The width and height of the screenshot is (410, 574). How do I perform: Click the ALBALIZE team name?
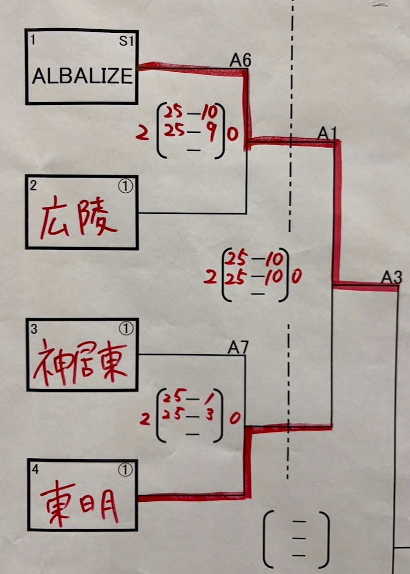point(82,76)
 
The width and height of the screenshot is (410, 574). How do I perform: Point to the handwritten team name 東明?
point(80,504)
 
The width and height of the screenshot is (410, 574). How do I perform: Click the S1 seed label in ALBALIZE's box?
point(126,41)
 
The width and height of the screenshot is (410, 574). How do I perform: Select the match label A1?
point(327,133)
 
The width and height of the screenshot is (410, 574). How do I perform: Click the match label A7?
point(237,348)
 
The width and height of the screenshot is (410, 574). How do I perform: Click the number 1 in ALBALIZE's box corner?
point(33,40)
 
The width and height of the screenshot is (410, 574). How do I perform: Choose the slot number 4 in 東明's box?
point(35,470)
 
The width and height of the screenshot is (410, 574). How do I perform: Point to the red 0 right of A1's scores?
point(296,277)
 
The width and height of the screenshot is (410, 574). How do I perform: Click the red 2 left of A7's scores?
point(144,419)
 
